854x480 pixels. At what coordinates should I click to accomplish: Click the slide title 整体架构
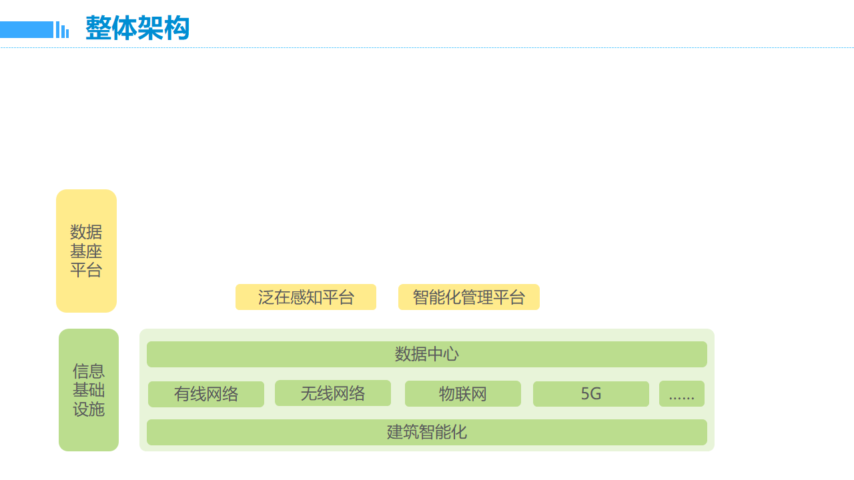click(137, 29)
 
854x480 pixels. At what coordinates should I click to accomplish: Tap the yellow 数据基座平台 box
click(86, 251)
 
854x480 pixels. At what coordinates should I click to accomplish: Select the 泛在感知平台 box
click(306, 297)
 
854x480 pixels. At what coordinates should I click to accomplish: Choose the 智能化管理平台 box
click(469, 297)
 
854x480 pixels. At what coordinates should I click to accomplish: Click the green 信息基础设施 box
click(89, 390)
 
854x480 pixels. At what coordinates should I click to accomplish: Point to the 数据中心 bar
click(427, 354)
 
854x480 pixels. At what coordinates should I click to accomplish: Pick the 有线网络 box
click(206, 394)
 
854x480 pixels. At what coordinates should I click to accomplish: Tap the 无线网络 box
click(333, 393)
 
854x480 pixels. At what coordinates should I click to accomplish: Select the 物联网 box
click(463, 394)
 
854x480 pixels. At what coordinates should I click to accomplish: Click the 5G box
click(591, 394)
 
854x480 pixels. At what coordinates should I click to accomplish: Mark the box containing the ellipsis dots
click(682, 394)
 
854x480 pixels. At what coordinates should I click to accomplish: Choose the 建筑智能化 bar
click(427, 432)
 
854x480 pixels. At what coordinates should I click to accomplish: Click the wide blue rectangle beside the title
click(27, 29)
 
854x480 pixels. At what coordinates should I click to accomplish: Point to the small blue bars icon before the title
click(62, 30)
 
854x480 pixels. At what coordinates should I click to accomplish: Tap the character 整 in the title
click(98, 29)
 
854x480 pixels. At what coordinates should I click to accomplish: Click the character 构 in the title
click(177, 29)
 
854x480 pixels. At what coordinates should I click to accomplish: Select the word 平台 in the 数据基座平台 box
click(86, 270)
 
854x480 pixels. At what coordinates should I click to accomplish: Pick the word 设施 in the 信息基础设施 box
click(89, 409)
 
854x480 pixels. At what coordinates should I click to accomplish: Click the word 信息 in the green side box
click(89, 371)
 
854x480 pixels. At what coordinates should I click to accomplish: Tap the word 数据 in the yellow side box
click(86, 232)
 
